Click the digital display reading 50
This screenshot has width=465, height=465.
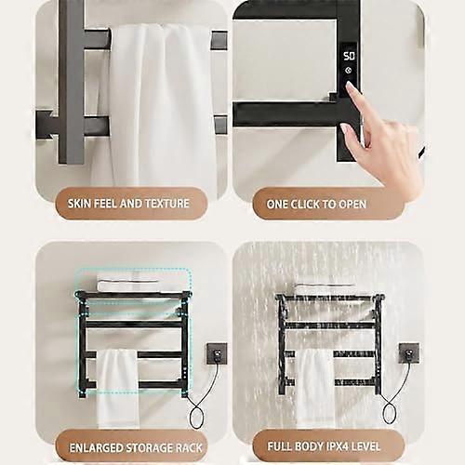tap(349, 56)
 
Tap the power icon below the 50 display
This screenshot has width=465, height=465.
tap(349, 71)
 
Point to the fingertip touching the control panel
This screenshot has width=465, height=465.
tap(350, 86)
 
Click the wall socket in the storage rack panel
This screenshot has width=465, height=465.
tap(217, 353)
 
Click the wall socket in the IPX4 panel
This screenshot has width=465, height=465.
tap(409, 353)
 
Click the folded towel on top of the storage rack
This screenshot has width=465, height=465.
tap(127, 286)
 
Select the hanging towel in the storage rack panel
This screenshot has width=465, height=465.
tap(118, 388)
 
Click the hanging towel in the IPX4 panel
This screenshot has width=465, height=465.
tap(314, 388)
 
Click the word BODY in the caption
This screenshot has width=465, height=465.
tap(307, 446)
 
